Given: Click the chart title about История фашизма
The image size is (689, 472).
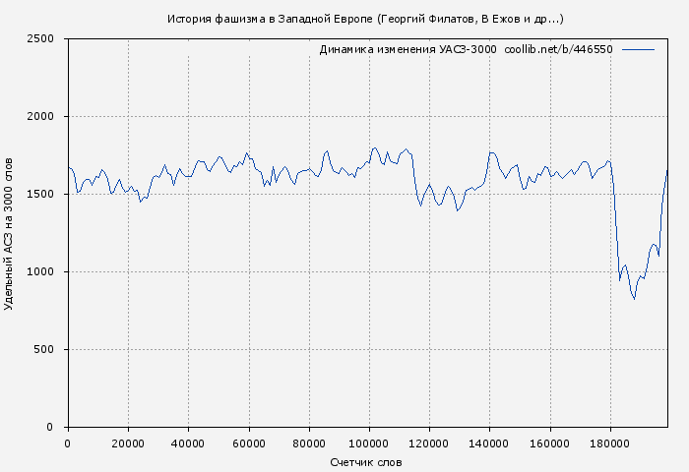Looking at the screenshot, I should pos(365,19).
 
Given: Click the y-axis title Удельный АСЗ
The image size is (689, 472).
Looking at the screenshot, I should pos(10,233).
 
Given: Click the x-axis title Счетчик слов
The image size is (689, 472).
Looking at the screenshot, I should pos(366,462).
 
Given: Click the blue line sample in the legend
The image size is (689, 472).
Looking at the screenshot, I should pos(638,49).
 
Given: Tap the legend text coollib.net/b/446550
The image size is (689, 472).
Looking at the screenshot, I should pos(558,49).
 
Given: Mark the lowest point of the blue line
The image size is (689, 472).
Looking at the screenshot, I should pos(634,299).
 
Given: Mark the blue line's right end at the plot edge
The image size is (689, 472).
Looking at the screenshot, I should pos(667,169).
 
